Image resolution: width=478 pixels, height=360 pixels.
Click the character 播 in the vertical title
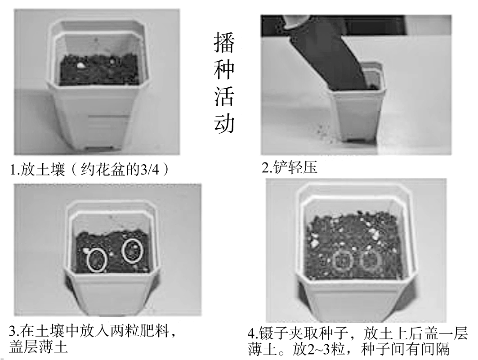(x=223, y=43)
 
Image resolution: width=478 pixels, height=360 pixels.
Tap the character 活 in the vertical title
(x=223, y=96)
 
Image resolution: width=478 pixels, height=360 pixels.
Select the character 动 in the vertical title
(x=223, y=123)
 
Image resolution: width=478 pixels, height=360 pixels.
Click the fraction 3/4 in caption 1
(x=151, y=170)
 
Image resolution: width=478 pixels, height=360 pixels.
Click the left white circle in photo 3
(x=97, y=260)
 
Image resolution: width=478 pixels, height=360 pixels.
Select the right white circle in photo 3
(x=132, y=251)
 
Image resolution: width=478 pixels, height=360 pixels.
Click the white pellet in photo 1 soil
(x=81, y=65)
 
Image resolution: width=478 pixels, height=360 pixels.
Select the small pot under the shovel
(x=357, y=108)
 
